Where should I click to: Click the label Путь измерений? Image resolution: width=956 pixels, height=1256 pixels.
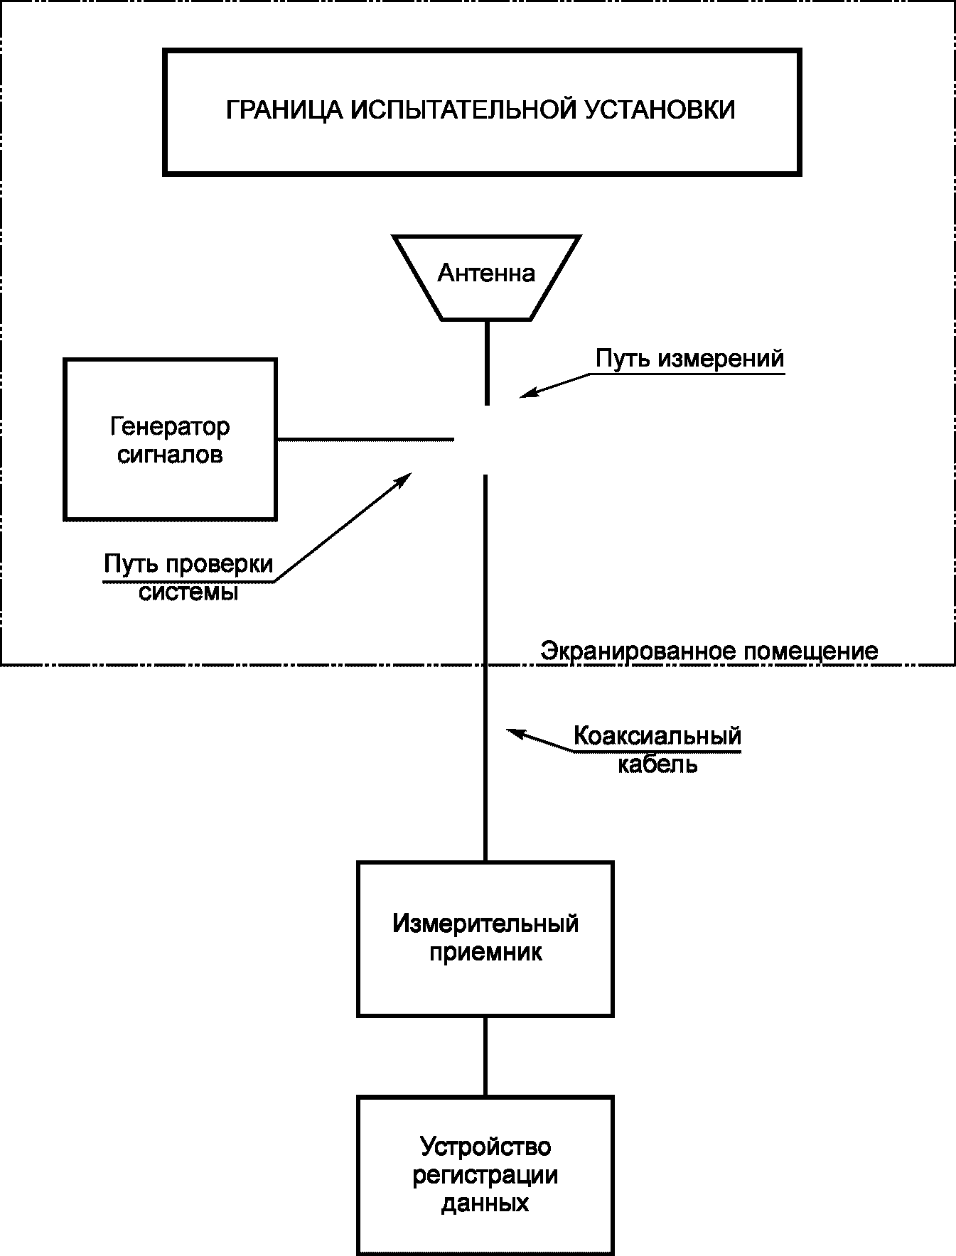tap(689, 359)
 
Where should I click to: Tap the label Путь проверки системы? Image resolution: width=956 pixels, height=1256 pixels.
tap(188, 578)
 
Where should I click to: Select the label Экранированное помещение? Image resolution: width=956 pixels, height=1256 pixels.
tap(709, 651)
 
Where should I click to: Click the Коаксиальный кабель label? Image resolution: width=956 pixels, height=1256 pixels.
tap(657, 749)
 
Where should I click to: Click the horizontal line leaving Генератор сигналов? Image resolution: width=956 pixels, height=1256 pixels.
tap(365, 440)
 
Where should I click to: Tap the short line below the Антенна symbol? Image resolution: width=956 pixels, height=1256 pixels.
tap(487, 363)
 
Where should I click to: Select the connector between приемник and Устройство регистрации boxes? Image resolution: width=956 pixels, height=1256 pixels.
tap(485, 1056)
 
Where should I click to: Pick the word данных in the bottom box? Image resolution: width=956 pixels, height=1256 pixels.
tap(485, 1203)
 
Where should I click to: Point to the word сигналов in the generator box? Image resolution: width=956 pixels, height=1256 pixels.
tap(170, 455)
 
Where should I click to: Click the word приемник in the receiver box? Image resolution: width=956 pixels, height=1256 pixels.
tap(485, 953)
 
